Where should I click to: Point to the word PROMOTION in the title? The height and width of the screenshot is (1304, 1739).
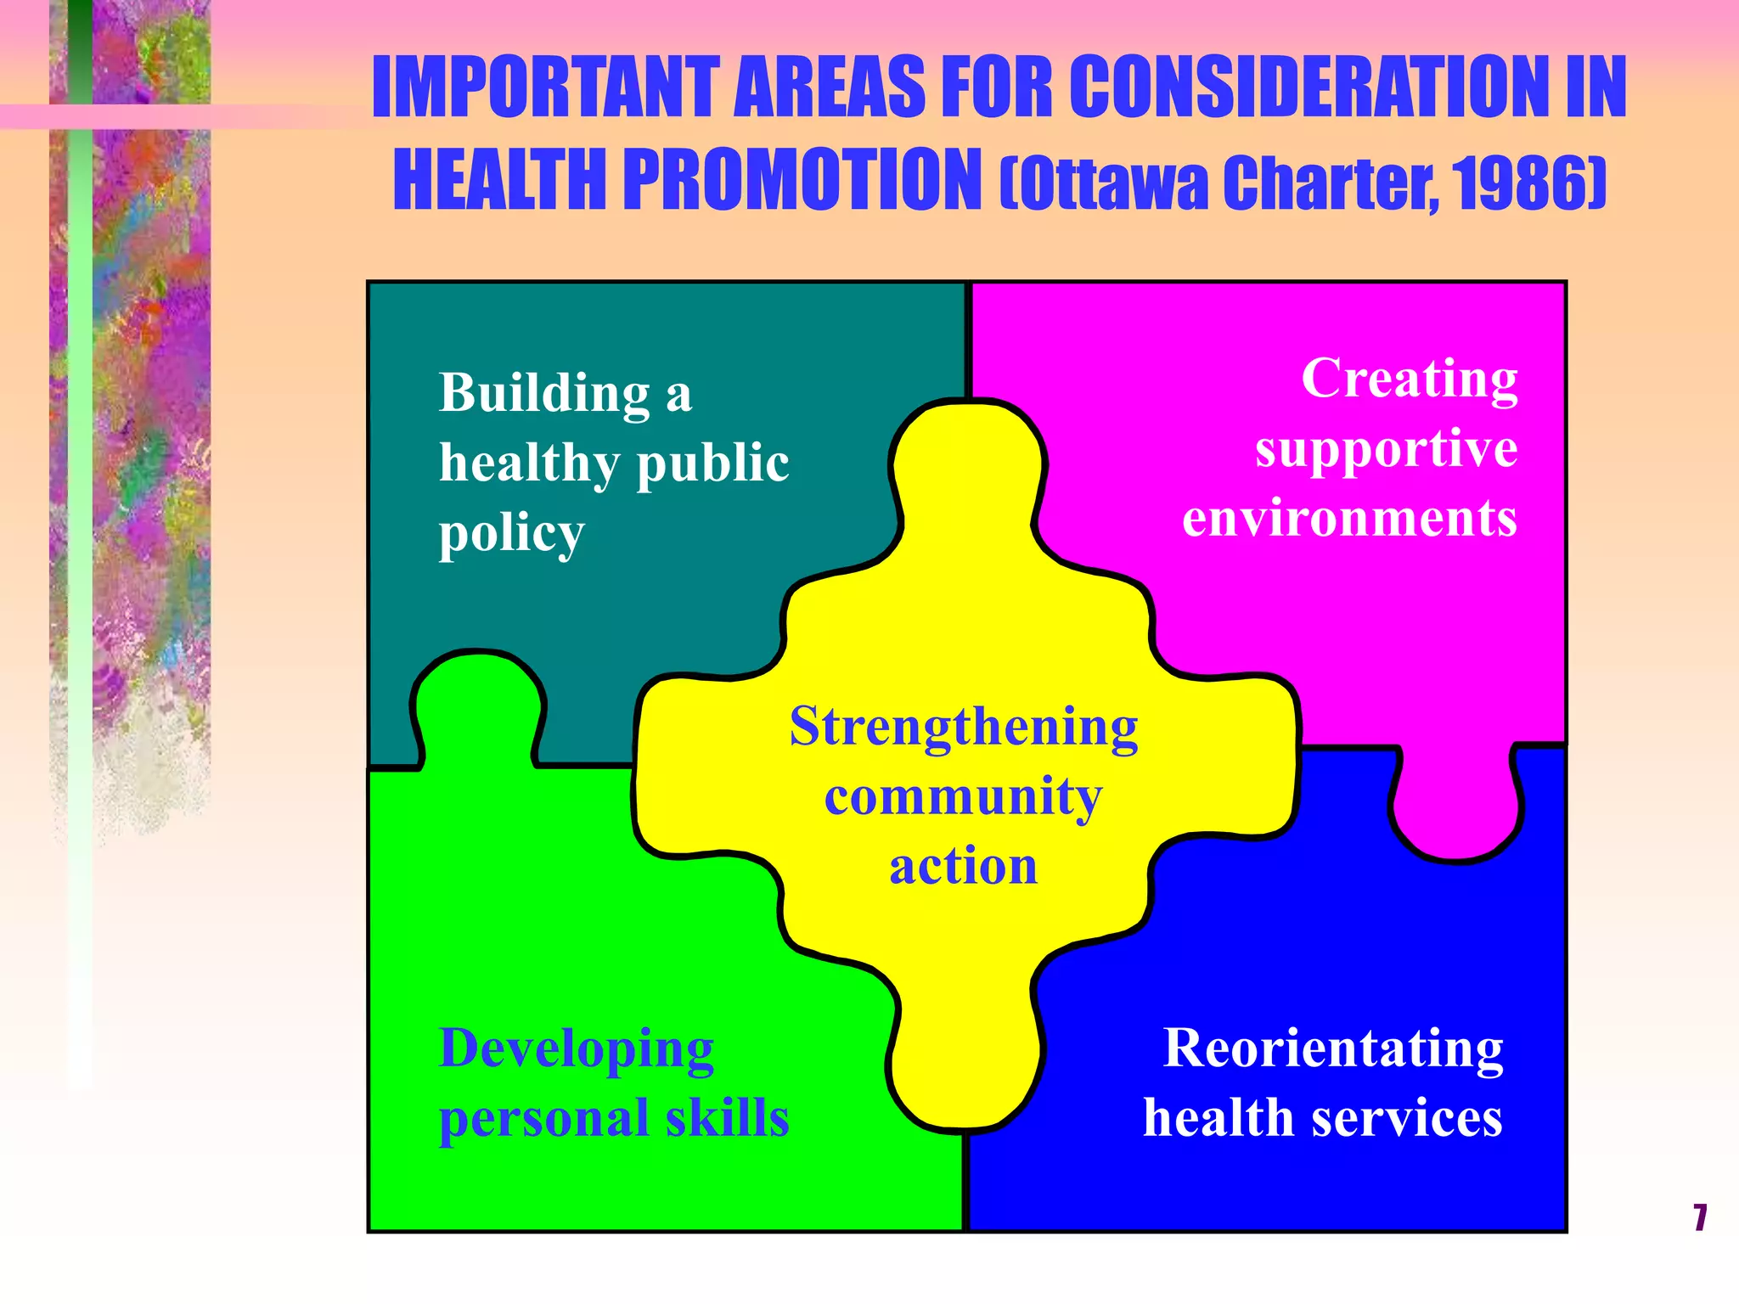click(802, 180)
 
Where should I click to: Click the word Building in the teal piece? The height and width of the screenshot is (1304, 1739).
click(544, 394)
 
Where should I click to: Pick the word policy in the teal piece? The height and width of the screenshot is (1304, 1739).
click(511, 535)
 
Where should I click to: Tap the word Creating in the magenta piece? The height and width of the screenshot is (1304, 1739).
click(1410, 379)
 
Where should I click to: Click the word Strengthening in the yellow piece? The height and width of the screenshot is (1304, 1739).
click(964, 728)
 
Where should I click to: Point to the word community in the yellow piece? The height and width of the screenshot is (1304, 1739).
click(964, 797)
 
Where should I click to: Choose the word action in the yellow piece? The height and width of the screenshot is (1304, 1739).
click(964, 867)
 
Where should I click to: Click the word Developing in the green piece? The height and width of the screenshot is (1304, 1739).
click(577, 1049)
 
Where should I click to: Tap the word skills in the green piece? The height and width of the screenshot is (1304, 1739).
click(727, 1118)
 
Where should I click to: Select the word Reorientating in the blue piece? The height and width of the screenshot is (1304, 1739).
click(1333, 1049)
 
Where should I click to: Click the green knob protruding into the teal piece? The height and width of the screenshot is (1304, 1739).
click(478, 705)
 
